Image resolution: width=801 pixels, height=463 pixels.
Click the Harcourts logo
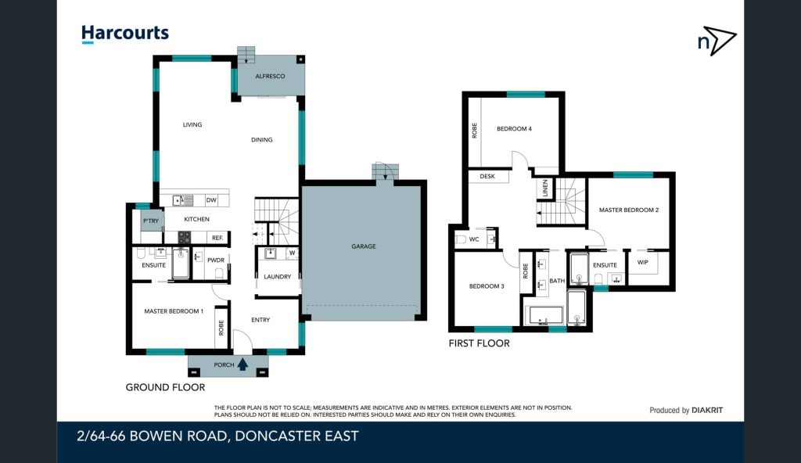125,34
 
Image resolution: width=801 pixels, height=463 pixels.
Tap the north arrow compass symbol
717,41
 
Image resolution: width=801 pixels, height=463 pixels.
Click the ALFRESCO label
270,76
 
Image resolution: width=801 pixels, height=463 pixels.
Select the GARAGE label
364,246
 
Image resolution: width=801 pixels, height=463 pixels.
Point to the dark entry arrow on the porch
242,364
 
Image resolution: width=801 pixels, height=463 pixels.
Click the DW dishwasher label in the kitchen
211,200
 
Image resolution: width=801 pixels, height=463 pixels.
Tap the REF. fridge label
217,238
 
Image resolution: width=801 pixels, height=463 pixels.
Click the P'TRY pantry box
151,221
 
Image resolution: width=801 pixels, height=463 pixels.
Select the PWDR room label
216,260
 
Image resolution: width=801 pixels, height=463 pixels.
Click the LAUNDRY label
278,277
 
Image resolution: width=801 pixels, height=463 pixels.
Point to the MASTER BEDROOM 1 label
174,311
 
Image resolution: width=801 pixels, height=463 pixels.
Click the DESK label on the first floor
487,176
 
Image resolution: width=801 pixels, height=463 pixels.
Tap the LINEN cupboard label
545,188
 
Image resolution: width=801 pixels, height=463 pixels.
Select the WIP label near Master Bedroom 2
643,262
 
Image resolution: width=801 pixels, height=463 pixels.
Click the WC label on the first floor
474,239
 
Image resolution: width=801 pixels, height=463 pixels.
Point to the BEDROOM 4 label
515,129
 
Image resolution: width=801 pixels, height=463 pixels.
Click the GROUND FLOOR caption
166,387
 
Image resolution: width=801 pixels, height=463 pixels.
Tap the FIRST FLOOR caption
480,343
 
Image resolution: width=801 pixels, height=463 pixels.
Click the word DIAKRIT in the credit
707,410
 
